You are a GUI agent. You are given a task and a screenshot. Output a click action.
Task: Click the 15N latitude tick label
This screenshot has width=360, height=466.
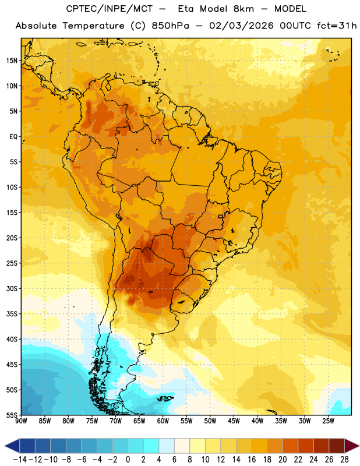12,61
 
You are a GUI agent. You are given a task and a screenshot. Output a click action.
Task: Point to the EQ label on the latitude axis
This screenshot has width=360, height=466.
13,137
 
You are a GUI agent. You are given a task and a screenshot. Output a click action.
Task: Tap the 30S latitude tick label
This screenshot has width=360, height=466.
12,288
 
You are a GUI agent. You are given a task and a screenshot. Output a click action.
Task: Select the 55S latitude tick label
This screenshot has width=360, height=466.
12,415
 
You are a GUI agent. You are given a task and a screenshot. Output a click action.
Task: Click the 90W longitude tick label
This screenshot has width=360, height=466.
21,421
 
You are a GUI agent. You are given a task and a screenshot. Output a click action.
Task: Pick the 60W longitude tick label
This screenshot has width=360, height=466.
163,421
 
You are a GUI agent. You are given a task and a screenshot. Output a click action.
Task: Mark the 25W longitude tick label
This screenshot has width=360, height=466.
328,421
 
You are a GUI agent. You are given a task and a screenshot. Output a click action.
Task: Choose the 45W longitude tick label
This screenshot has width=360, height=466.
234,421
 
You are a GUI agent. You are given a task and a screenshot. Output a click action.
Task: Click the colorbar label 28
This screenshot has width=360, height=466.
344,460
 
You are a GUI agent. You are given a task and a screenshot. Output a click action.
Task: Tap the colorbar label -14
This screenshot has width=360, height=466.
20,460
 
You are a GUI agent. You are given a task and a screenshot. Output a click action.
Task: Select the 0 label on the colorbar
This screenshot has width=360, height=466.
128,460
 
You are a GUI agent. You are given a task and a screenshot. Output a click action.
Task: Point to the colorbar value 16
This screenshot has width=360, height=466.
252,460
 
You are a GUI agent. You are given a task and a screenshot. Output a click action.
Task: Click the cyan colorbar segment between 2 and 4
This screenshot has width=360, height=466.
151,446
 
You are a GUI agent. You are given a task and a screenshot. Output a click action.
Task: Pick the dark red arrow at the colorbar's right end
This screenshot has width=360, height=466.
351,446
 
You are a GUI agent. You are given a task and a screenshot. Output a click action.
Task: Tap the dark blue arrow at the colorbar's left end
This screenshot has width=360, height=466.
12,446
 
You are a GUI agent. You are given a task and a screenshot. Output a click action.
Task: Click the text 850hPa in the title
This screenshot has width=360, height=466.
170,26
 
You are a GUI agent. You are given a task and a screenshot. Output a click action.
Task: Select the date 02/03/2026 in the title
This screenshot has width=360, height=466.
241,26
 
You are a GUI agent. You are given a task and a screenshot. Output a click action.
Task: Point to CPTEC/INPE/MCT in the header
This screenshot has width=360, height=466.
110,9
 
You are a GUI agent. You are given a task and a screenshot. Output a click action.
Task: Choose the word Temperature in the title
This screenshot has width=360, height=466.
93,26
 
